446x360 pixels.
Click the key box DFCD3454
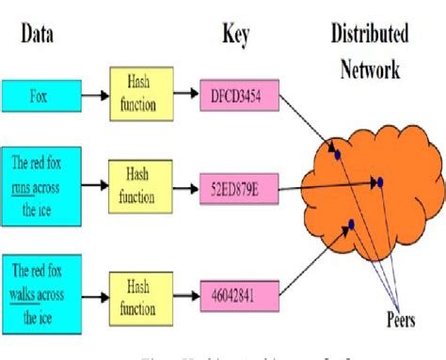(x=241, y=94)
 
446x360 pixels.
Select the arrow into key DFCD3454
(x=188, y=95)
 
